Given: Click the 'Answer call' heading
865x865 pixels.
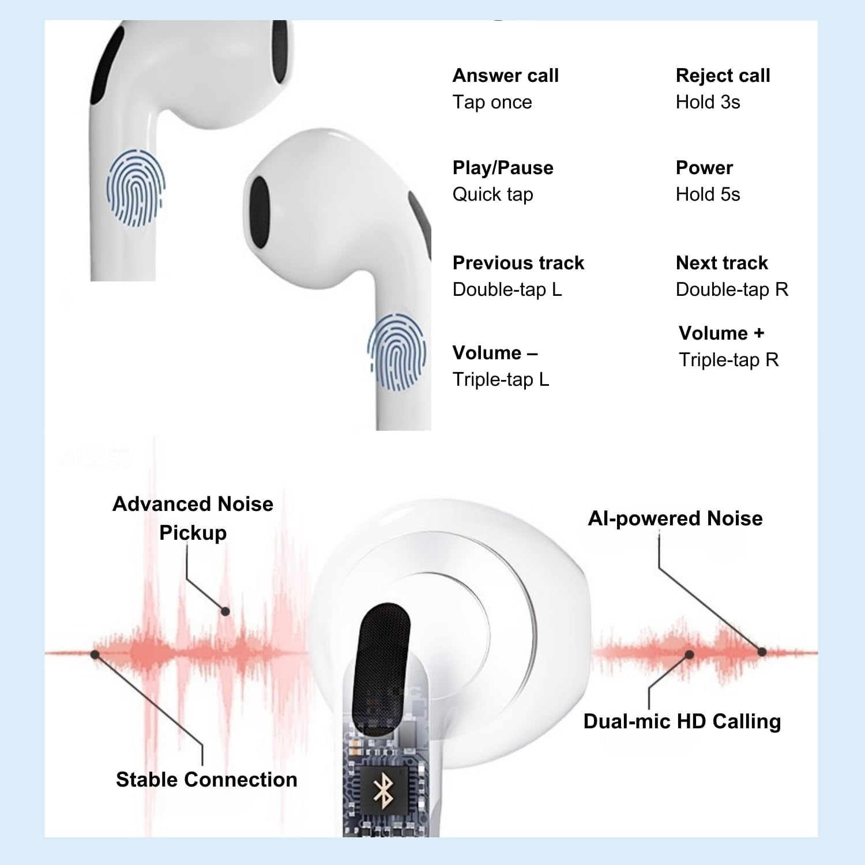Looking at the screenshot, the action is point(506,76).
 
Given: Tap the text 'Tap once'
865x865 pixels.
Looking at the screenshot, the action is point(492,103).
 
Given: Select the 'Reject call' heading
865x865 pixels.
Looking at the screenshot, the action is point(723,76).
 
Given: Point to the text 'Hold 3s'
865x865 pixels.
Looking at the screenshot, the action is point(708,102).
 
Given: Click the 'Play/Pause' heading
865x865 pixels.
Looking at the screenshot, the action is point(503,168).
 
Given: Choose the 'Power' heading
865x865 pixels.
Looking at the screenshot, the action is point(704,168).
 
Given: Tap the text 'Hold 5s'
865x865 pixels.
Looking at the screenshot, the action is point(708,194).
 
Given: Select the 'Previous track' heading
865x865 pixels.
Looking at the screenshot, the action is point(518,263).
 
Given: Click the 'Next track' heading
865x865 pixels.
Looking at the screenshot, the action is point(721,263).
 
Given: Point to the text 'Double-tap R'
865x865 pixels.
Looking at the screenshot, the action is point(732,289).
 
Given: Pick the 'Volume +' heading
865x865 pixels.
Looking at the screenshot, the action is point(721,333).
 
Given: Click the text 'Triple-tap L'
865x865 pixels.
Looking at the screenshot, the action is point(501,379).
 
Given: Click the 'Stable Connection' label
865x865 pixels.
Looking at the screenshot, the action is point(206,780).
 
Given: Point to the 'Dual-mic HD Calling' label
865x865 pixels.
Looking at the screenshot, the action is point(682,721).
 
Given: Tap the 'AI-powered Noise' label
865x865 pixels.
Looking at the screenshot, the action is point(675,518).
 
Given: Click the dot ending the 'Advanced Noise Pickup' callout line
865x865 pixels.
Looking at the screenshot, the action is point(225,611).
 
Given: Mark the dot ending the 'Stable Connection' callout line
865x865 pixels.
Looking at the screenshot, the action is point(95,655).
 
